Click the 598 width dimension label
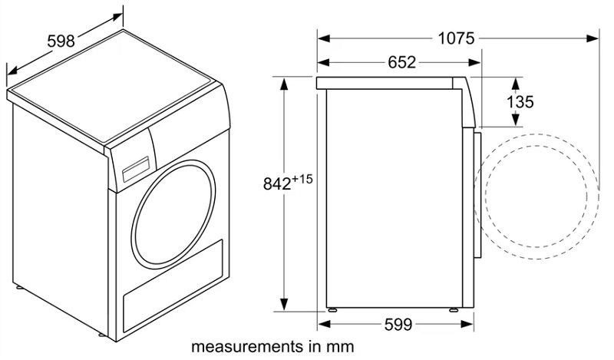(x=61, y=41)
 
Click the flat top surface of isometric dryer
(x=115, y=88)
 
